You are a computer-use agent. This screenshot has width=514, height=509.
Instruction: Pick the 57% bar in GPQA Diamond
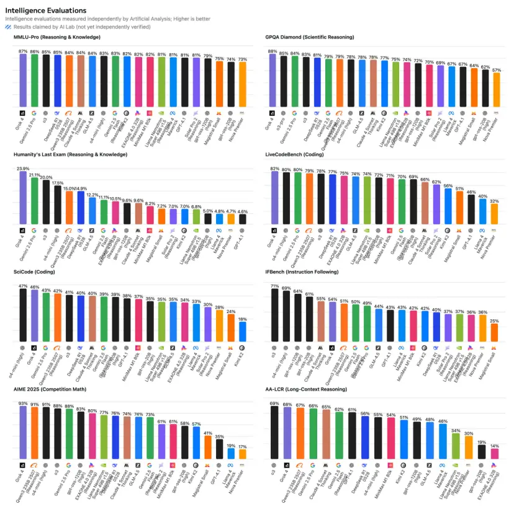coord(496,89)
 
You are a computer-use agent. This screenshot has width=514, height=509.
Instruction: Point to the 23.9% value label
coord(23,169)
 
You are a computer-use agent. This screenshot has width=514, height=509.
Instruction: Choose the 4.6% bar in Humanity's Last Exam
coord(243,219)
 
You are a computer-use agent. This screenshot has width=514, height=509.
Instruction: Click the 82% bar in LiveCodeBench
coord(274,197)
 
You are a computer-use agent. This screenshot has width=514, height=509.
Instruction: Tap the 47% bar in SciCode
coord(23,316)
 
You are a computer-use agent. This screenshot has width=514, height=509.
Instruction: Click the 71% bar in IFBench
coord(274,316)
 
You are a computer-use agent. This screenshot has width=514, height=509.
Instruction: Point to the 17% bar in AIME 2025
coord(243,454)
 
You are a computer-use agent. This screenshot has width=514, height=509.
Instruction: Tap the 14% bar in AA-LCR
coord(494,453)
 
